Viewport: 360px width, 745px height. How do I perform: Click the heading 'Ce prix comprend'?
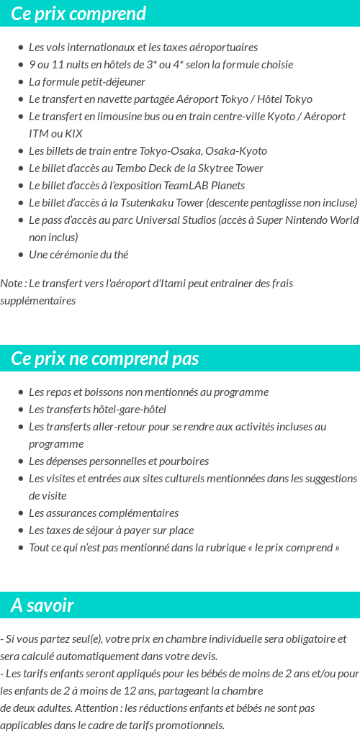[78, 14]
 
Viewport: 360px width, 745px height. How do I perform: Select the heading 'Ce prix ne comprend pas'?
[105, 358]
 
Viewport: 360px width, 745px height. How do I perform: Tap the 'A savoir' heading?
[42, 605]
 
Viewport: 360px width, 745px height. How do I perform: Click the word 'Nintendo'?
[302, 220]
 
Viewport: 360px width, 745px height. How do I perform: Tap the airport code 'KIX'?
[73, 133]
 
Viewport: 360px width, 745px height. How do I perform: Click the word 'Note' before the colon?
[11, 283]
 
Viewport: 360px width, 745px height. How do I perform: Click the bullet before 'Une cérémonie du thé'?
[21, 254]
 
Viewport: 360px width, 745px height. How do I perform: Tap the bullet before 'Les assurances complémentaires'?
[21, 513]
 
